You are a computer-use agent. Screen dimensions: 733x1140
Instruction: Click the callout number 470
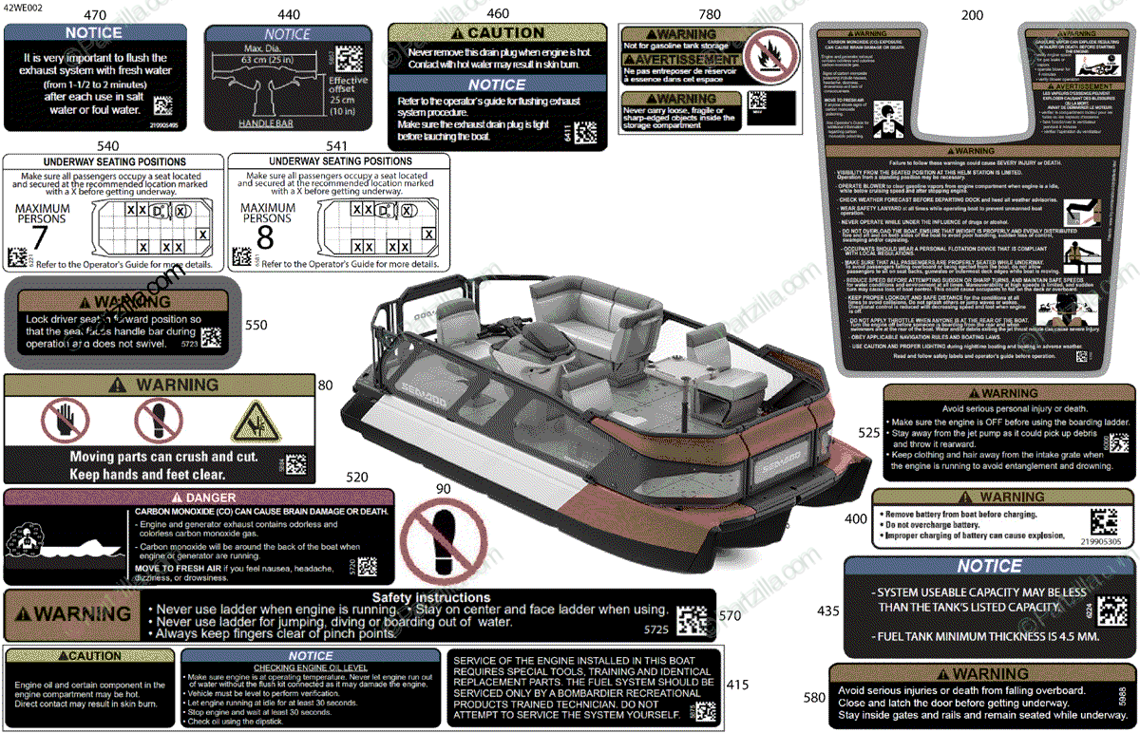(95, 15)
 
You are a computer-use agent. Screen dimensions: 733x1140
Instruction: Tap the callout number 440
(288, 15)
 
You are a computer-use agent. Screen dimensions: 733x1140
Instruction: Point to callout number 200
(972, 15)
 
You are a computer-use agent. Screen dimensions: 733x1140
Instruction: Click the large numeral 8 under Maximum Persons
(265, 237)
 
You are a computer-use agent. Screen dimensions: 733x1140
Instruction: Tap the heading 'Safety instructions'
(431, 597)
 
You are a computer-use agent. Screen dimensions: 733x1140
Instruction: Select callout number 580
(814, 698)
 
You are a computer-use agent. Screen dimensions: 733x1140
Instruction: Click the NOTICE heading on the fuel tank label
(989, 567)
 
